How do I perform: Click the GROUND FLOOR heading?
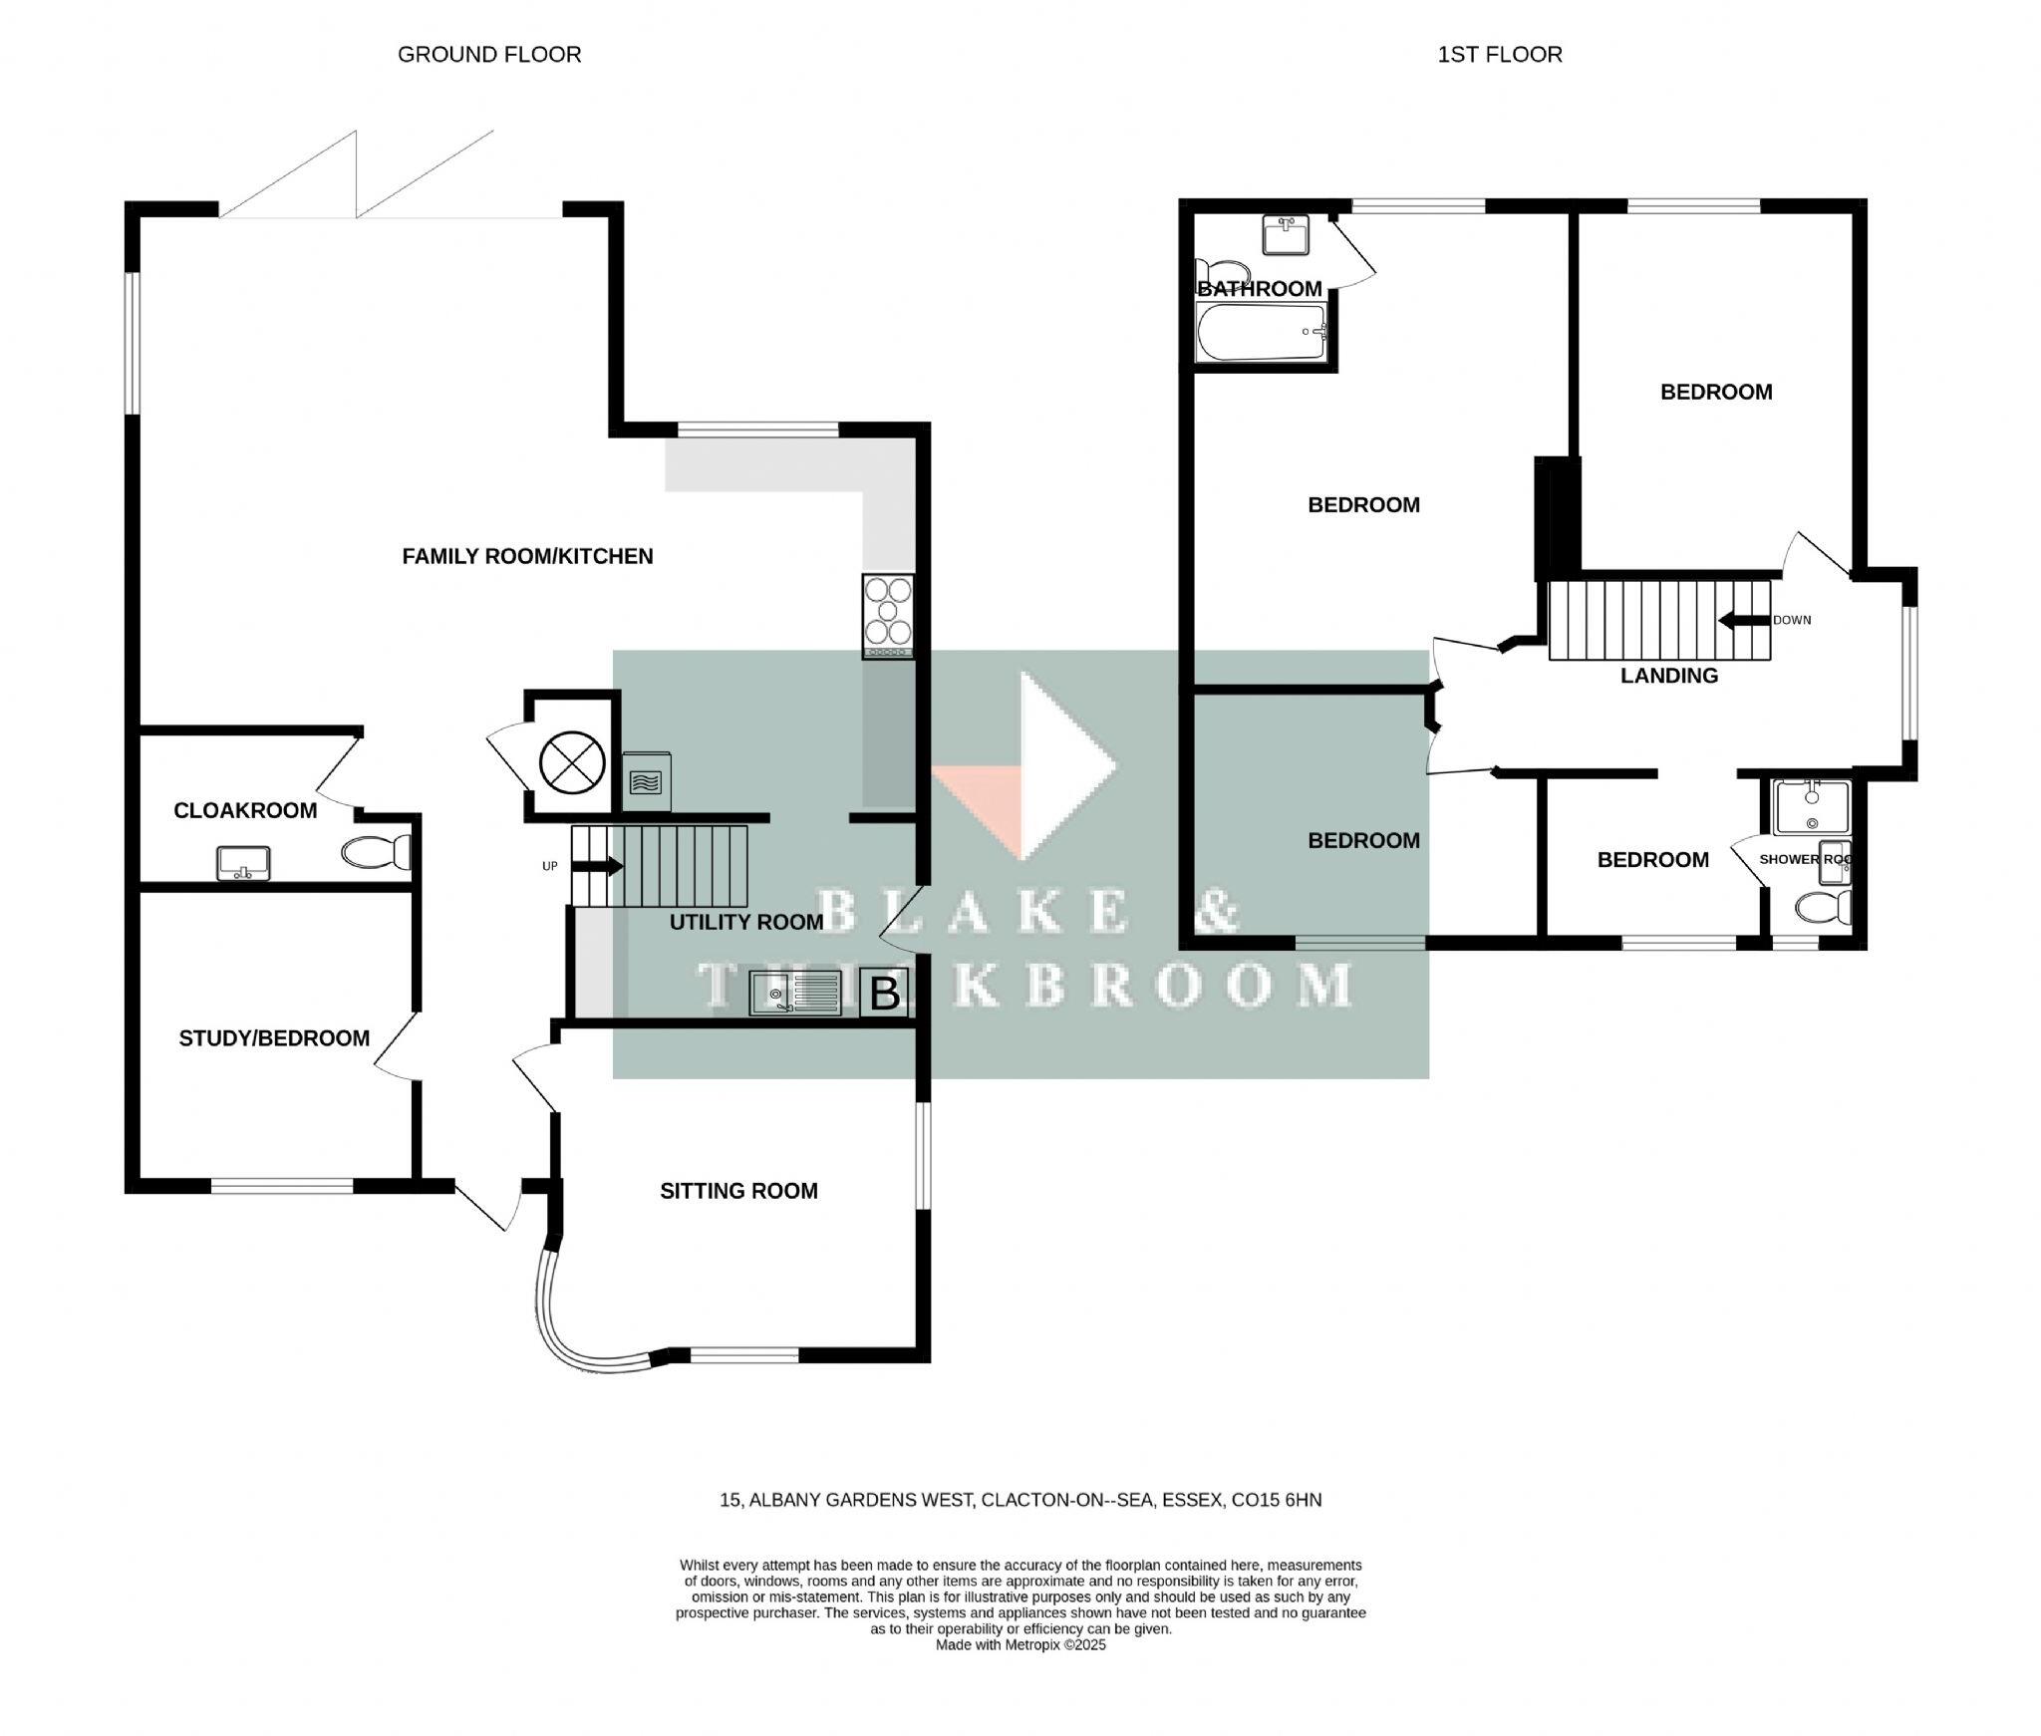click(488, 55)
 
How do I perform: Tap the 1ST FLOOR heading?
click(1499, 55)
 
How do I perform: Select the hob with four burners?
click(887, 615)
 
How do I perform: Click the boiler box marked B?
click(885, 994)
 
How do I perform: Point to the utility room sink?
click(794, 994)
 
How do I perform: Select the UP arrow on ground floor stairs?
click(596, 866)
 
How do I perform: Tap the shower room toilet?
click(1823, 908)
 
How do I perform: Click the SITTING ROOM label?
click(738, 1191)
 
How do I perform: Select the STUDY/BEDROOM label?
click(274, 1038)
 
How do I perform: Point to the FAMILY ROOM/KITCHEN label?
click(527, 556)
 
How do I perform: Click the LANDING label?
click(1668, 676)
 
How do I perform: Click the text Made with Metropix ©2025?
click(1020, 1645)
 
